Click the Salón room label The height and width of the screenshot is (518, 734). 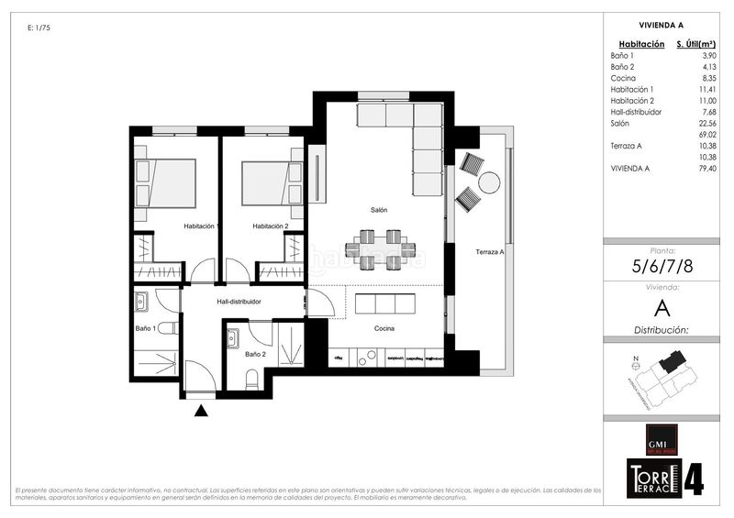tap(379, 210)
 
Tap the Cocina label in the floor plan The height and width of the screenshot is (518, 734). tap(384, 327)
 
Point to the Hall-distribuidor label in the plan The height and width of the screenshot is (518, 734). tap(239, 301)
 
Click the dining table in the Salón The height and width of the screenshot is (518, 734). tap(380, 248)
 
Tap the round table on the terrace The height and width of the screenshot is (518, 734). tap(489, 182)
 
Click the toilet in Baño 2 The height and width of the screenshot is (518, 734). tap(252, 378)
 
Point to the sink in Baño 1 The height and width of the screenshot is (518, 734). tap(141, 302)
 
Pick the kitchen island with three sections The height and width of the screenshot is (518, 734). tap(384, 303)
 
